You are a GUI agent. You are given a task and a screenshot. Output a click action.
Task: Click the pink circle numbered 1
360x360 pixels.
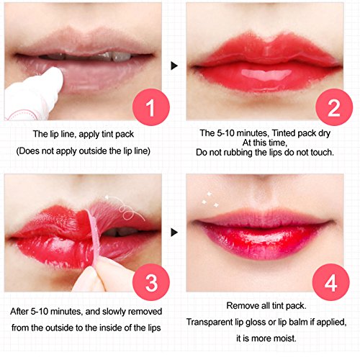[151, 107]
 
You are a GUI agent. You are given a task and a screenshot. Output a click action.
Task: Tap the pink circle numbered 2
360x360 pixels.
[334, 107]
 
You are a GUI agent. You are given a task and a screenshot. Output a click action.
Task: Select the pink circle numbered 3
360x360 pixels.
[151, 282]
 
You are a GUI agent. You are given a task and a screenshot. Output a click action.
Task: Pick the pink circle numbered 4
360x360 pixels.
[331, 282]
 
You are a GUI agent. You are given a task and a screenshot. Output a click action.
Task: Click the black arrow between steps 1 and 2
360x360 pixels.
[174, 66]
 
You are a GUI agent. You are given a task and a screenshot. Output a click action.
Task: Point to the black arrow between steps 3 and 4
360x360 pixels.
[174, 233]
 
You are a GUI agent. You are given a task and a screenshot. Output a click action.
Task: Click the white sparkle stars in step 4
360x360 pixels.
[210, 199]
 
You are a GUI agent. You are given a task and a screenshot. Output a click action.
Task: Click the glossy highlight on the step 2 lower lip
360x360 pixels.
[266, 74]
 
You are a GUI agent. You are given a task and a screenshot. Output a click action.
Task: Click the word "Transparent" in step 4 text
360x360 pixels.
[209, 322]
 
